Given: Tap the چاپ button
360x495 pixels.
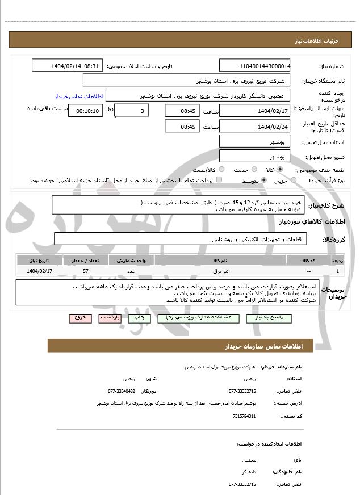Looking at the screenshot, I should click(140, 318).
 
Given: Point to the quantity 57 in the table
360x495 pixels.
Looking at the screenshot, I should click(85, 271).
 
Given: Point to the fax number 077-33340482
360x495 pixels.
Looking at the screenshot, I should click(122, 391).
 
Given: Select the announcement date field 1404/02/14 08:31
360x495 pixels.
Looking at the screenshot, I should click(68, 66).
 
